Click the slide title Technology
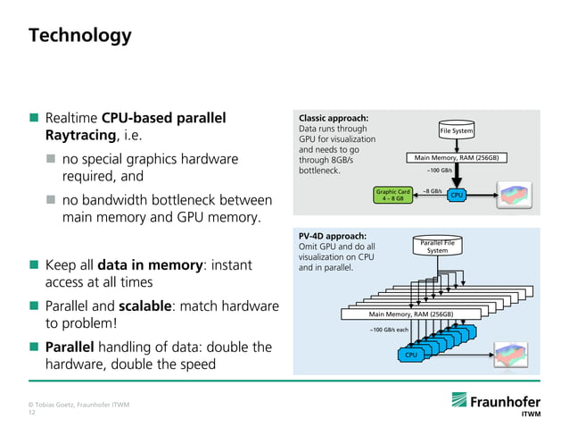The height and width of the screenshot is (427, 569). [80, 36]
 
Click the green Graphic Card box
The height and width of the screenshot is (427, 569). [393, 195]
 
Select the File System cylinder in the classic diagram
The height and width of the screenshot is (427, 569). [457, 130]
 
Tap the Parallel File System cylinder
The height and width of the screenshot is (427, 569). [437, 246]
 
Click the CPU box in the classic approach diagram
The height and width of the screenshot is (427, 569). [457, 195]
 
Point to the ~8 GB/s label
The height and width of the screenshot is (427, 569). [433, 191]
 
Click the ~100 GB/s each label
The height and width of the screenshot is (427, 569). [389, 330]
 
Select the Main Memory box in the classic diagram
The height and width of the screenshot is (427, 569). [457, 158]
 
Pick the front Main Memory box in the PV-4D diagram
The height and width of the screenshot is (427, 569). [411, 314]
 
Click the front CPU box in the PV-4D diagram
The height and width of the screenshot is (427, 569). [411, 355]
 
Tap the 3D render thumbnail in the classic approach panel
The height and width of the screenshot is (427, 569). [515, 195]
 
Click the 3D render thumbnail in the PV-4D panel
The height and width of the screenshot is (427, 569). [511, 355]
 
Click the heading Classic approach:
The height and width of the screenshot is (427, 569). [334, 118]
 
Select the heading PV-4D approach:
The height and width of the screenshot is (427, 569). [333, 236]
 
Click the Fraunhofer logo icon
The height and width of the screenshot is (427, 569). [459, 399]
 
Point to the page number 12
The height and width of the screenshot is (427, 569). [32, 413]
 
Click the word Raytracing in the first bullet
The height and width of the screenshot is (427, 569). [80, 135]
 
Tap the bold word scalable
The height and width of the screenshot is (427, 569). [145, 306]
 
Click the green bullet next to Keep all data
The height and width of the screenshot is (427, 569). [34, 264]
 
